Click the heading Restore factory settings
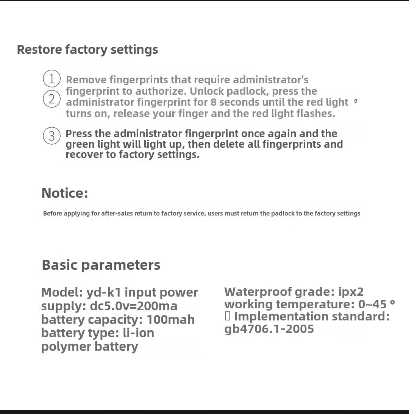tap(87, 50)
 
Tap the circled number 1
tap(52, 79)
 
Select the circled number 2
tap(52, 99)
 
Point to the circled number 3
tap(52, 135)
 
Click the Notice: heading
tap(65, 193)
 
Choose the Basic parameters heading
tap(101, 265)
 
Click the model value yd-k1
tap(103, 292)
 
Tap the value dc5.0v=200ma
tap(134, 306)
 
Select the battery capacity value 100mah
tap(171, 320)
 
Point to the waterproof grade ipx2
tap(351, 292)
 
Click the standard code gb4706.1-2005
tap(269, 329)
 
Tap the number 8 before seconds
tap(214, 102)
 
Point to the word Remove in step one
tap(86, 80)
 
